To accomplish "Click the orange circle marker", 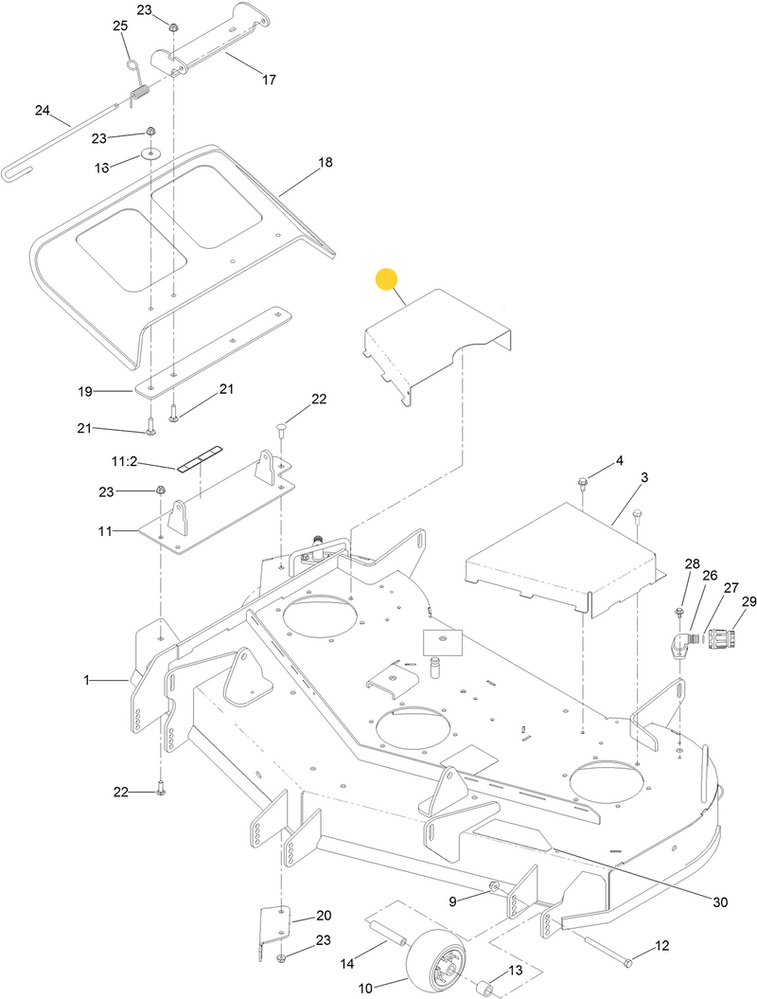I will (387, 279).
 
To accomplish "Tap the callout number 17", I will (268, 80).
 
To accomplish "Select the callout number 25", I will (120, 26).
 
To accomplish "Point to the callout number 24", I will (42, 110).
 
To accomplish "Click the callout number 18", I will (325, 163).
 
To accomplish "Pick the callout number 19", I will (86, 390).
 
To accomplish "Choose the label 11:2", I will (125, 461).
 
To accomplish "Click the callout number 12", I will (661, 945).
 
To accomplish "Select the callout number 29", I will (748, 602).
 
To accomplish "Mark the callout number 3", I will (644, 479).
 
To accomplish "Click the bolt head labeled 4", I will (583, 484).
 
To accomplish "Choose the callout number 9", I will (452, 900).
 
